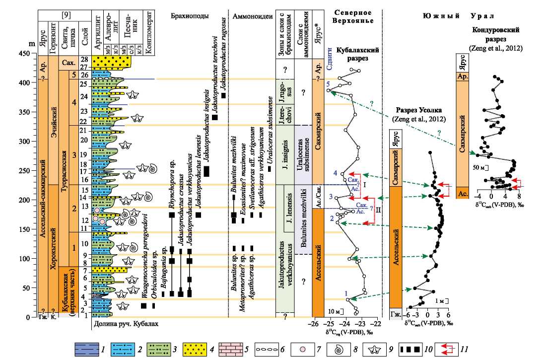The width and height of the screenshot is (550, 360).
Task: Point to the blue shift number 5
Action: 328,85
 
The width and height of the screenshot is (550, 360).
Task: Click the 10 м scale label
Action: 334,311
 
